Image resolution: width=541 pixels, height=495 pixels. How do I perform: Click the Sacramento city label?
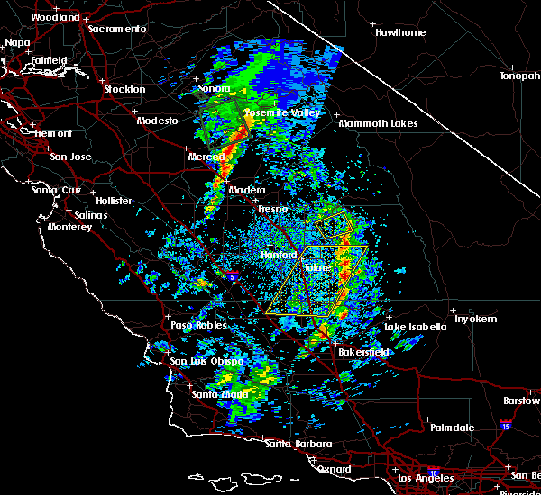[116, 29]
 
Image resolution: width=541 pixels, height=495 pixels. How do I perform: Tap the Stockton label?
[124, 90]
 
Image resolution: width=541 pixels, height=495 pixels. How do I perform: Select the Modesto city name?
[157, 121]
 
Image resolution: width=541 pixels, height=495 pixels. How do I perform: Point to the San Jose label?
[71, 157]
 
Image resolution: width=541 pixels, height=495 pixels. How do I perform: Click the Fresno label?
[272, 209]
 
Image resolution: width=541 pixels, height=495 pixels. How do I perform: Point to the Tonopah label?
[520, 76]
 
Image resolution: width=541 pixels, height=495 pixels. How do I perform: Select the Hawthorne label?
[400, 33]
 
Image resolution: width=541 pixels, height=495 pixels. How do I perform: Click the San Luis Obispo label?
[206, 362]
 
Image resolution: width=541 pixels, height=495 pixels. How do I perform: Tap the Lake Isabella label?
[416, 327]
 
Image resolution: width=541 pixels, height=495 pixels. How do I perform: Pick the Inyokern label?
[475, 319]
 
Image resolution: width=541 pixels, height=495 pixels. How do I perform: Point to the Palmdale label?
[451, 427]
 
